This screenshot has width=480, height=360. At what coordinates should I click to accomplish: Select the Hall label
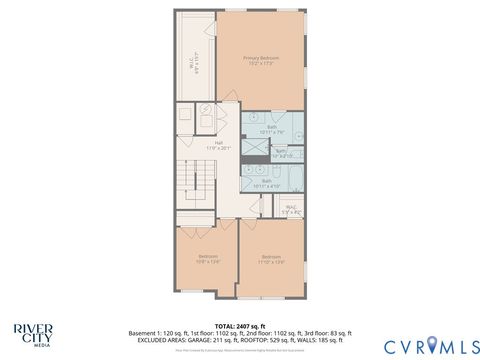(x=218, y=146)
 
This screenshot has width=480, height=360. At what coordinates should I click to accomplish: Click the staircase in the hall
(x=189, y=185)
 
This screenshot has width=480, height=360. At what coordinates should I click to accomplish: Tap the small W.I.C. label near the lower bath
(x=290, y=210)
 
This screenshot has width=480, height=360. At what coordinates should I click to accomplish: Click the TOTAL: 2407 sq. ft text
(x=240, y=325)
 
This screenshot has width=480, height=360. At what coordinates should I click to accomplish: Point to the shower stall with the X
(x=255, y=152)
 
